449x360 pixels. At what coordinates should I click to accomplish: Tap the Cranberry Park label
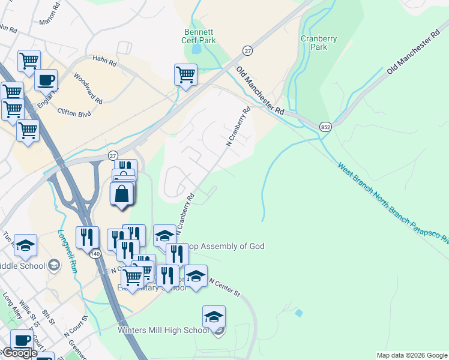point(319,43)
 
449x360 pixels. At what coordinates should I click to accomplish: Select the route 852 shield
point(325,127)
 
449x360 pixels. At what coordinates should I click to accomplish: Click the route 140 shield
point(95,254)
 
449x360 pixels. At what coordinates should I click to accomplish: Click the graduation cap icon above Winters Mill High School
point(214,317)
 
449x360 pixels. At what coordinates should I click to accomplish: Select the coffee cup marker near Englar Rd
point(46,80)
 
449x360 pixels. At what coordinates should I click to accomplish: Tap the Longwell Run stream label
point(68,252)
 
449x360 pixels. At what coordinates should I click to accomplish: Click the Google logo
point(19,353)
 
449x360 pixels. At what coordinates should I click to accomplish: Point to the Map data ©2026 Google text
point(412,355)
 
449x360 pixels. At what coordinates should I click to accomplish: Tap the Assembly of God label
point(226,246)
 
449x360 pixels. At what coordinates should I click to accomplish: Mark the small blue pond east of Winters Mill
point(298,313)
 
